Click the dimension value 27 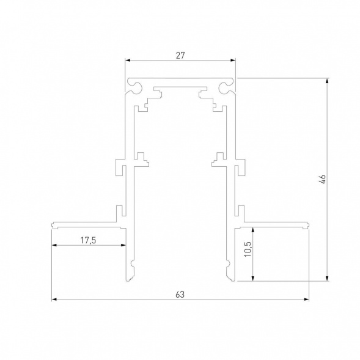pos(180,54)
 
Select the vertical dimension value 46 pos(323,179)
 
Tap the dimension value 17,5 pos(89,240)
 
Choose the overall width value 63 pos(180,295)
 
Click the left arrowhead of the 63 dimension pos(54,299)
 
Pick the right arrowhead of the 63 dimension pos(305,299)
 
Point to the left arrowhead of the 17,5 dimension pos(54,246)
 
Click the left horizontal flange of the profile pos(86,224)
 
